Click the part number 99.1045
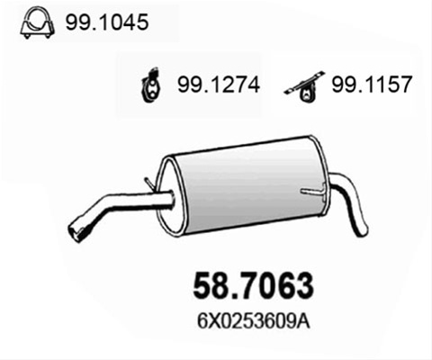click(x=107, y=22)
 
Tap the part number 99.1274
click(x=219, y=85)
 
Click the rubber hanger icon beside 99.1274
click(x=151, y=85)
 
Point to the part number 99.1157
click(x=372, y=84)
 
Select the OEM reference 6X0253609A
click(x=253, y=322)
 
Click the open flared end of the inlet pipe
click(x=75, y=231)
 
